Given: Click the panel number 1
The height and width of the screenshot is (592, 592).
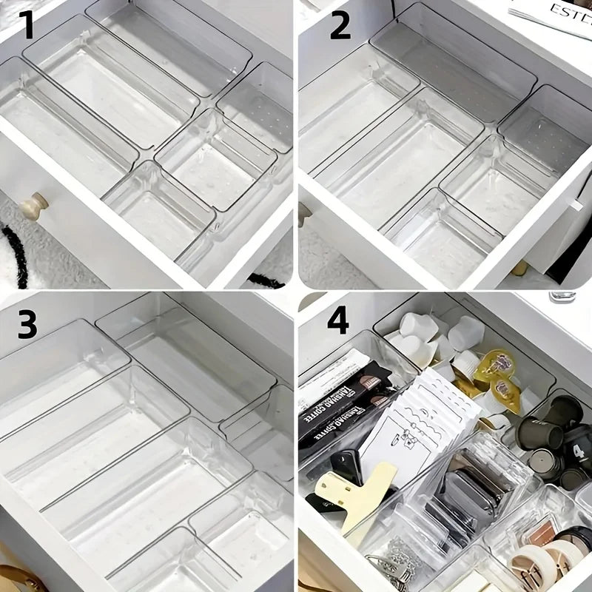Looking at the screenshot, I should click(x=27, y=26).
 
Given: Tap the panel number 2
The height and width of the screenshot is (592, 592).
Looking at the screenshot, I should click(x=340, y=26).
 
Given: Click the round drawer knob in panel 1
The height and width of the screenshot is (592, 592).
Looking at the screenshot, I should click(x=33, y=206).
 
